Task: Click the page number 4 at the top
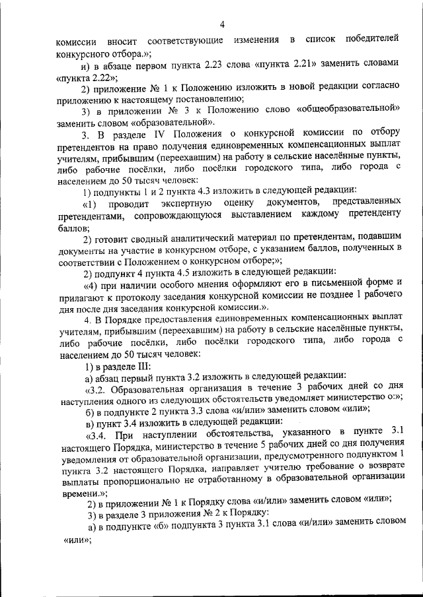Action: point(223,25)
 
